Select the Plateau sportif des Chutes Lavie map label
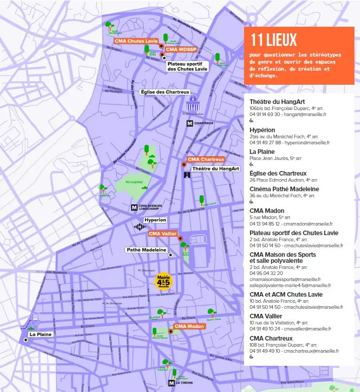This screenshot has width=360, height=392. (x=187, y=66)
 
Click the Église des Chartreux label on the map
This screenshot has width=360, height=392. (x=164, y=92)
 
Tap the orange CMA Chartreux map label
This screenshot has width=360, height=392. (x=205, y=160)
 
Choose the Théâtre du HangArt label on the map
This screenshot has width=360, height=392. (x=215, y=169)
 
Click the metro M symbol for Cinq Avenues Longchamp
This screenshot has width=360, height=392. (x=134, y=207)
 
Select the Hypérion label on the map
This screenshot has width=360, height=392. (x=155, y=220)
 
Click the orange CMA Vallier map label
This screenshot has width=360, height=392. (x=162, y=234)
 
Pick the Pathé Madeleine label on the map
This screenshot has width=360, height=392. (x=146, y=250)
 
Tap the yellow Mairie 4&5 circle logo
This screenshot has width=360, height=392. (x=164, y=281)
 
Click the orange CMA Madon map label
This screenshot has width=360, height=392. (x=189, y=326)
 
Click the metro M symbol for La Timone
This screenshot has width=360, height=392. (x=171, y=383)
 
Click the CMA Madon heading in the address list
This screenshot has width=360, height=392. (x=267, y=210)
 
